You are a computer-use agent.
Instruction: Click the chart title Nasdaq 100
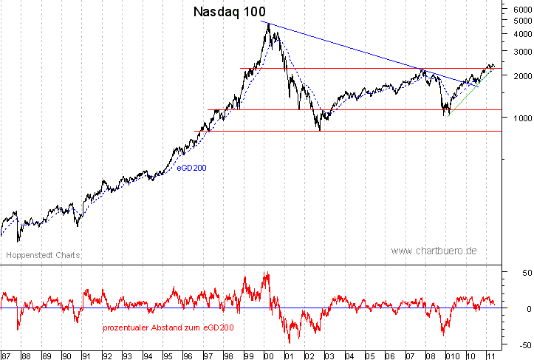tap(230, 12)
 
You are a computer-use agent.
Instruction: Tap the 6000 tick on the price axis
tap(518, 9)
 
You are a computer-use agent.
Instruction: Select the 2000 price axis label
tap(518, 75)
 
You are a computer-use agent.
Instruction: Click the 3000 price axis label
tap(518, 52)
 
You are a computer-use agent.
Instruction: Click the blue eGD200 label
tap(191, 168)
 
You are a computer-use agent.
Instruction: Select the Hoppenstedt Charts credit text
tap(43, 255)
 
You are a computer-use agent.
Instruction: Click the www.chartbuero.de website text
tap(434, 251)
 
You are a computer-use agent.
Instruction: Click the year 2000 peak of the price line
tap(268, 24)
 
